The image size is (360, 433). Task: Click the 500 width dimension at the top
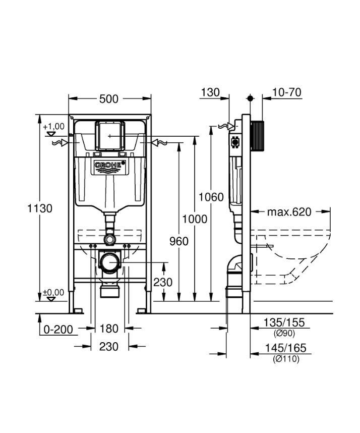[x=108, y=99]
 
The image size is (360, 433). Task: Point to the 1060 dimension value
[x=211, y=197]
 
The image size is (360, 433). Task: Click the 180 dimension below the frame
[x=109, y=329]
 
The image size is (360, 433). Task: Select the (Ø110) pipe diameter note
[x=285, y=359]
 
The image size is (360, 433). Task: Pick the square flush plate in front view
[x=109, y=135]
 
